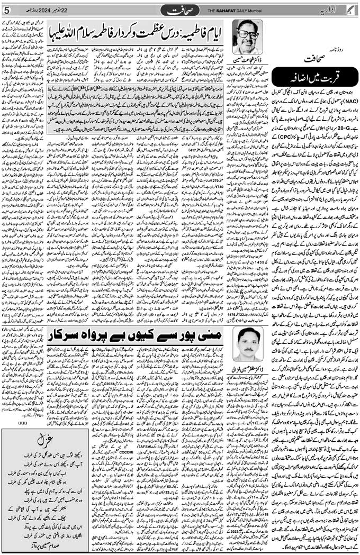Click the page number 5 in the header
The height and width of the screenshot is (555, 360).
[7, 10]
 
